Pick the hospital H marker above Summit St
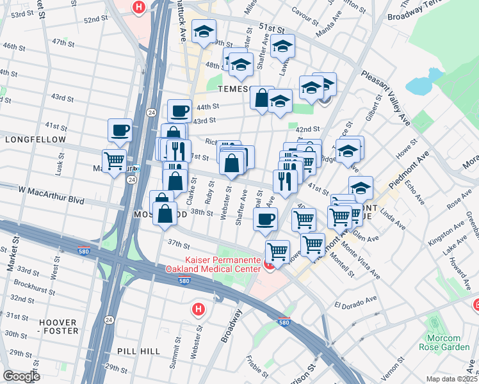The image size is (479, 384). point(199,310)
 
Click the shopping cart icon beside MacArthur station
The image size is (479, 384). point(115,160)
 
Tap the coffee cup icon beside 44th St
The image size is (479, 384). point(179,110)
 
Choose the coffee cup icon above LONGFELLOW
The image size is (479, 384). point(120,130)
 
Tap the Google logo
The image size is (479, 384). point(21,376)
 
